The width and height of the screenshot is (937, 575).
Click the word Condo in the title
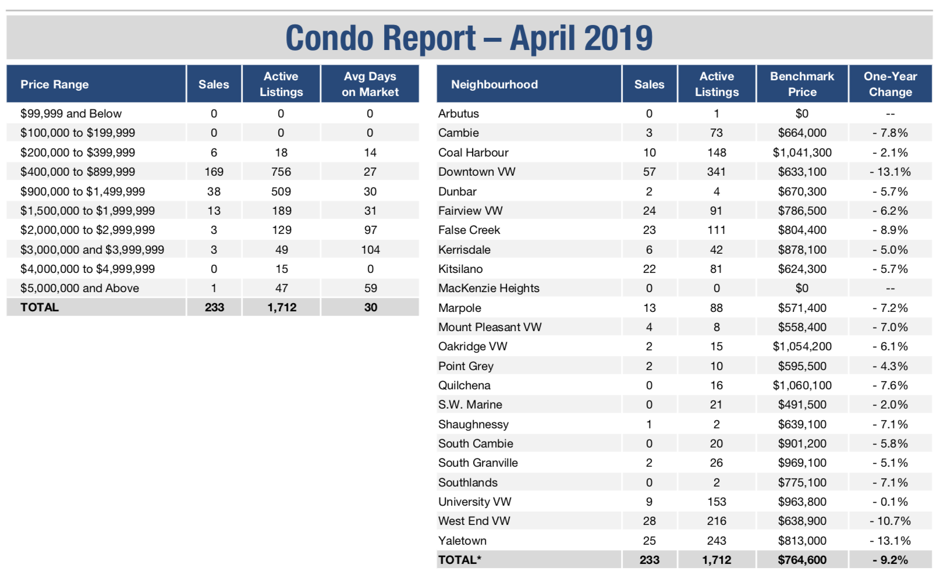coord(329,38)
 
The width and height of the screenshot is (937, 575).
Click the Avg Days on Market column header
coord(370,84)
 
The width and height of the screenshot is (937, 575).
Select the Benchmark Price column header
coord(802,84)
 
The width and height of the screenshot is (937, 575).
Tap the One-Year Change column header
coord(890,84)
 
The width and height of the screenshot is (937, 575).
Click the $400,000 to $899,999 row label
coord(78,172)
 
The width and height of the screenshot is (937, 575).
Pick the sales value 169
coord(214,172)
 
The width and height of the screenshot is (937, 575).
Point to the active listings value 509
coord(281,191)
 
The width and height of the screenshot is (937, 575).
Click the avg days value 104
coord(370,250)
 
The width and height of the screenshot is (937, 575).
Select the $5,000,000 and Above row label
coord(80,288)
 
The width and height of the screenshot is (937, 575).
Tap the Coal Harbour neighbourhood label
coord(473,152)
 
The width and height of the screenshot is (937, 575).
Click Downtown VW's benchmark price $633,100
coord(802,172)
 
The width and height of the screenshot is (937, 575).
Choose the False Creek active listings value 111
coord(716,230)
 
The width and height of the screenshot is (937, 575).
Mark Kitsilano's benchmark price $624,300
coord(802,269)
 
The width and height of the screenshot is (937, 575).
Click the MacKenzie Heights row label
coord(489,289)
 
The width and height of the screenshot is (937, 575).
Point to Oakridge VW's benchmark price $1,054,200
coord(802,346)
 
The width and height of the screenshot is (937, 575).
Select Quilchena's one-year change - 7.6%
coord(890,385)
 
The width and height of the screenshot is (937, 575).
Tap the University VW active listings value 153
coord(716,502)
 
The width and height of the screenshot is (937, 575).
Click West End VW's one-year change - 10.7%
coord(890,521)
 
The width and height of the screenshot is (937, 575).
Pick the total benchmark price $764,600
coord(802,560)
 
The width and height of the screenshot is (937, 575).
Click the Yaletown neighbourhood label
coord(462,541)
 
